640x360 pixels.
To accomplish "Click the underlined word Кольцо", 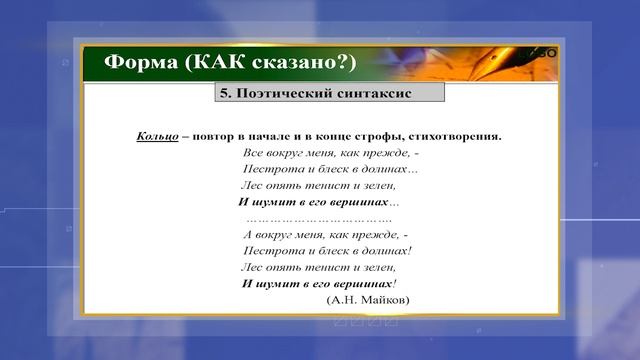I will pyautogui.click(x=158, y=136).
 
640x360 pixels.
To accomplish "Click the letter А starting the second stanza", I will pyautogui.click(x=246, y=234).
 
